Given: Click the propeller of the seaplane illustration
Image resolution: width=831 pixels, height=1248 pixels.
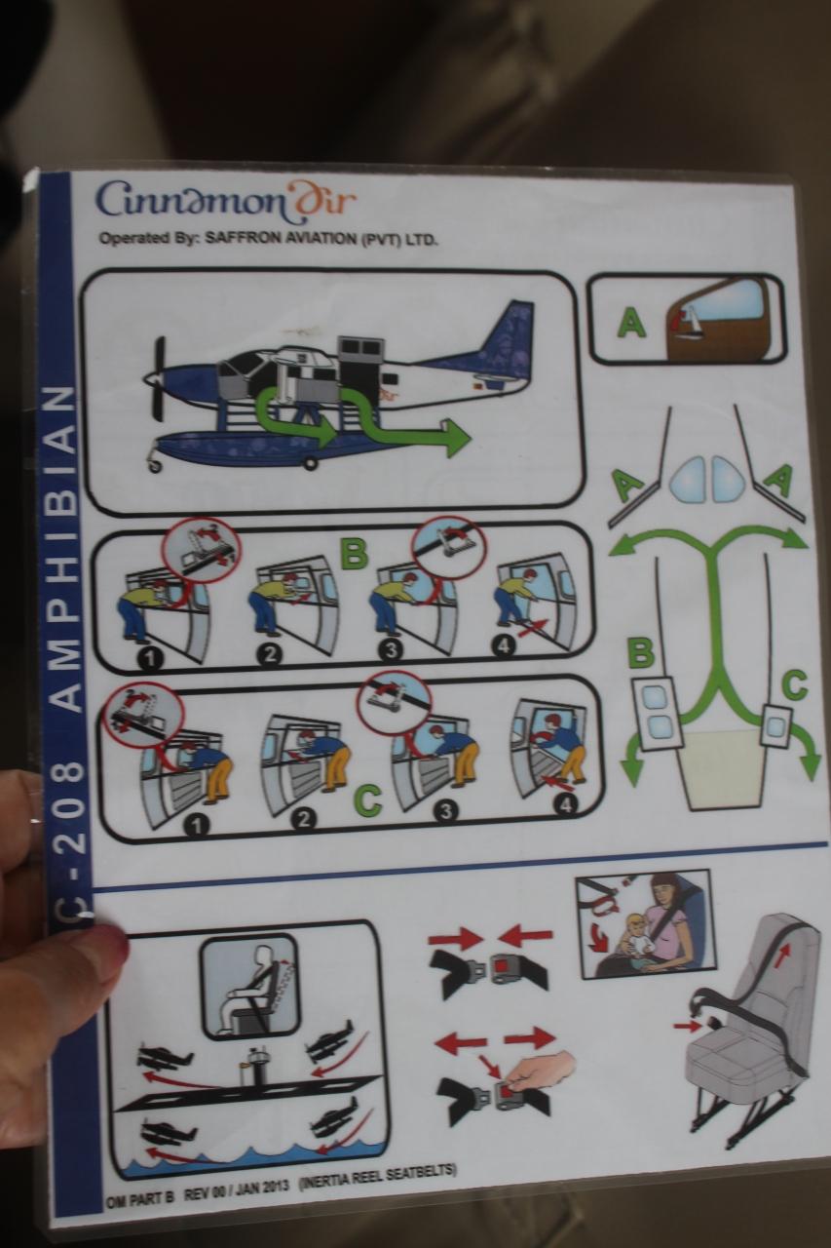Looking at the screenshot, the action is coord(159,379).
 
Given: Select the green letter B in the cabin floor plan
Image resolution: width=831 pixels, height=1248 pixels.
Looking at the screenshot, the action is coord(641,654).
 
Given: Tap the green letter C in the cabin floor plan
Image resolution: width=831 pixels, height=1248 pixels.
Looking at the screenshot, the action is coord(794,684).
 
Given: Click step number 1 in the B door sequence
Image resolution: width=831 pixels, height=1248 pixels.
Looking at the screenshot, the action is coord(151,660).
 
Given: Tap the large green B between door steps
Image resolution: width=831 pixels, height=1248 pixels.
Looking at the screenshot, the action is coord(354,552).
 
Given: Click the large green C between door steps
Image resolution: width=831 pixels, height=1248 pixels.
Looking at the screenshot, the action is coord(367,799).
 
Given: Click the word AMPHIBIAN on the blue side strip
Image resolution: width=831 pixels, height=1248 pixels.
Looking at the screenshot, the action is coord(62,548).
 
